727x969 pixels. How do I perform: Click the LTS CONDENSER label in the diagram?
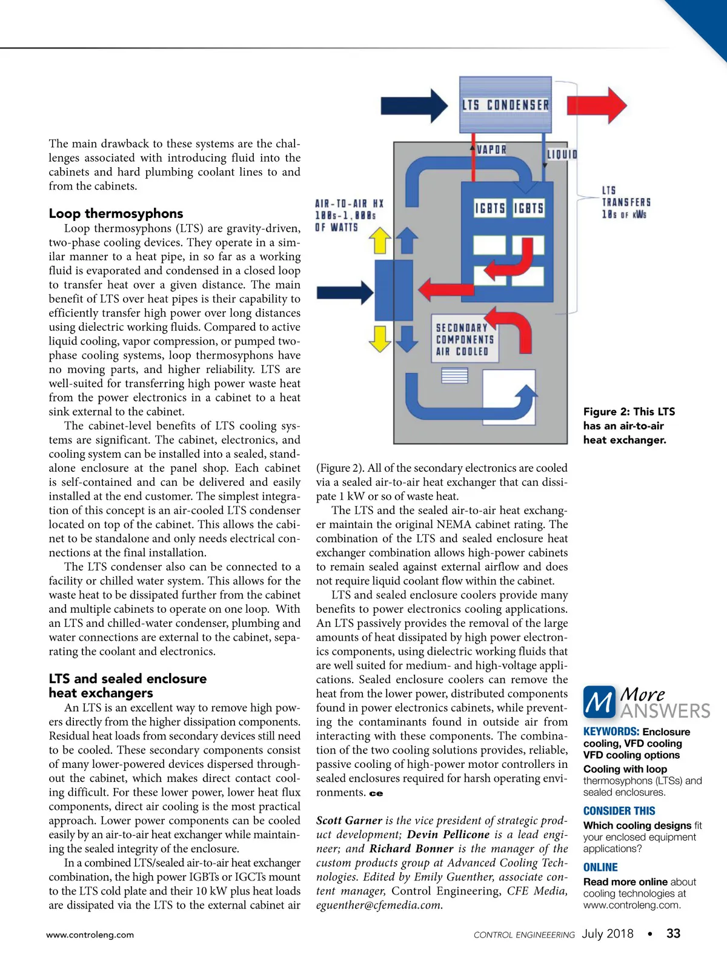tap(506, 105)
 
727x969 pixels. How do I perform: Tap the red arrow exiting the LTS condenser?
tap(596, 105)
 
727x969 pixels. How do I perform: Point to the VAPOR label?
tap(491, 150)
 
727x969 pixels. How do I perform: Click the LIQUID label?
tap(562, 154)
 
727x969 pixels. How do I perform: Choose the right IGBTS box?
tap(529, 208)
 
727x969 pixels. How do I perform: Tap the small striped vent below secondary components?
tap(455, 376)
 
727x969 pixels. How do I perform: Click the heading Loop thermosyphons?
tap(116, 213)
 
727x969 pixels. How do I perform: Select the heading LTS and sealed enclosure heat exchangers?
tap(127, 686)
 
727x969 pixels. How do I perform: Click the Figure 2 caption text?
tap(628, 426)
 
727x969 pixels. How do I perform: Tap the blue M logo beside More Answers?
tap(599, 703)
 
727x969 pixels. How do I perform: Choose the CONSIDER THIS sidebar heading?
tap(619, 811)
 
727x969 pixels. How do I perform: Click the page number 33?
tap(673, 934)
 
